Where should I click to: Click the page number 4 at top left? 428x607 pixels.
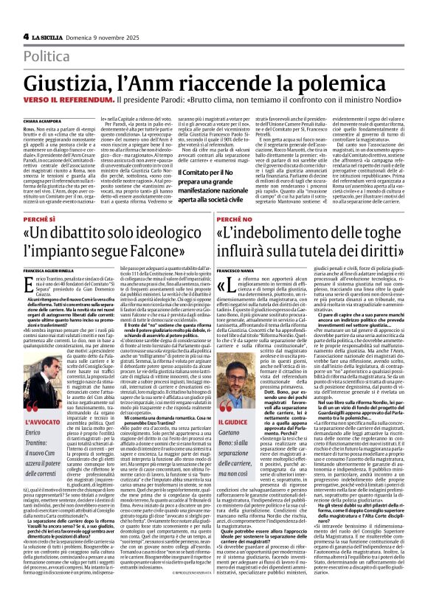point(26,36)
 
